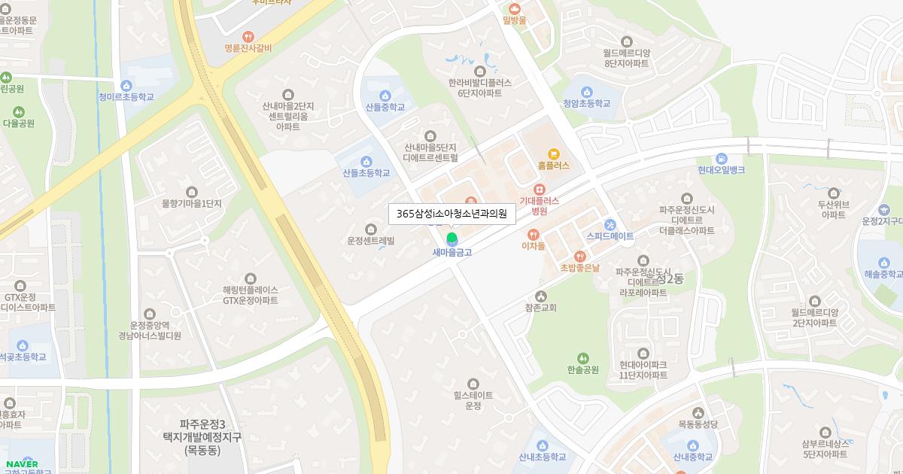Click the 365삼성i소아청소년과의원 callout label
click(x=451, y=214)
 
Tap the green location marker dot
click(x=451, y=239)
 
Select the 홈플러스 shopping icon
click(x=554, y=153)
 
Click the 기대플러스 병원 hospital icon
click(x=539, y=190)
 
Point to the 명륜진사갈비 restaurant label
click(x=248, y=48)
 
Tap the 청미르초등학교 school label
click(x=126, y=96)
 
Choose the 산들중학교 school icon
click(x=385, y=95)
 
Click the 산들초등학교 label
click(x=366, y=173)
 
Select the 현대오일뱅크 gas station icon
click(x=721, y=158)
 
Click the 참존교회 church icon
click(x=540, y=296)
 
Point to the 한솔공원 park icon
click(x=583, y=358)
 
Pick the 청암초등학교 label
click(x=586, y=105)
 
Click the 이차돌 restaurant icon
click(x=533, y=234)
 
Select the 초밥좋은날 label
click(x=579, y=268)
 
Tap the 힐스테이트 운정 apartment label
click(x=473, y=400)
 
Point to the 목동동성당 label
click(x=698, y=424)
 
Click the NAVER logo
click(x=20, y=463)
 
